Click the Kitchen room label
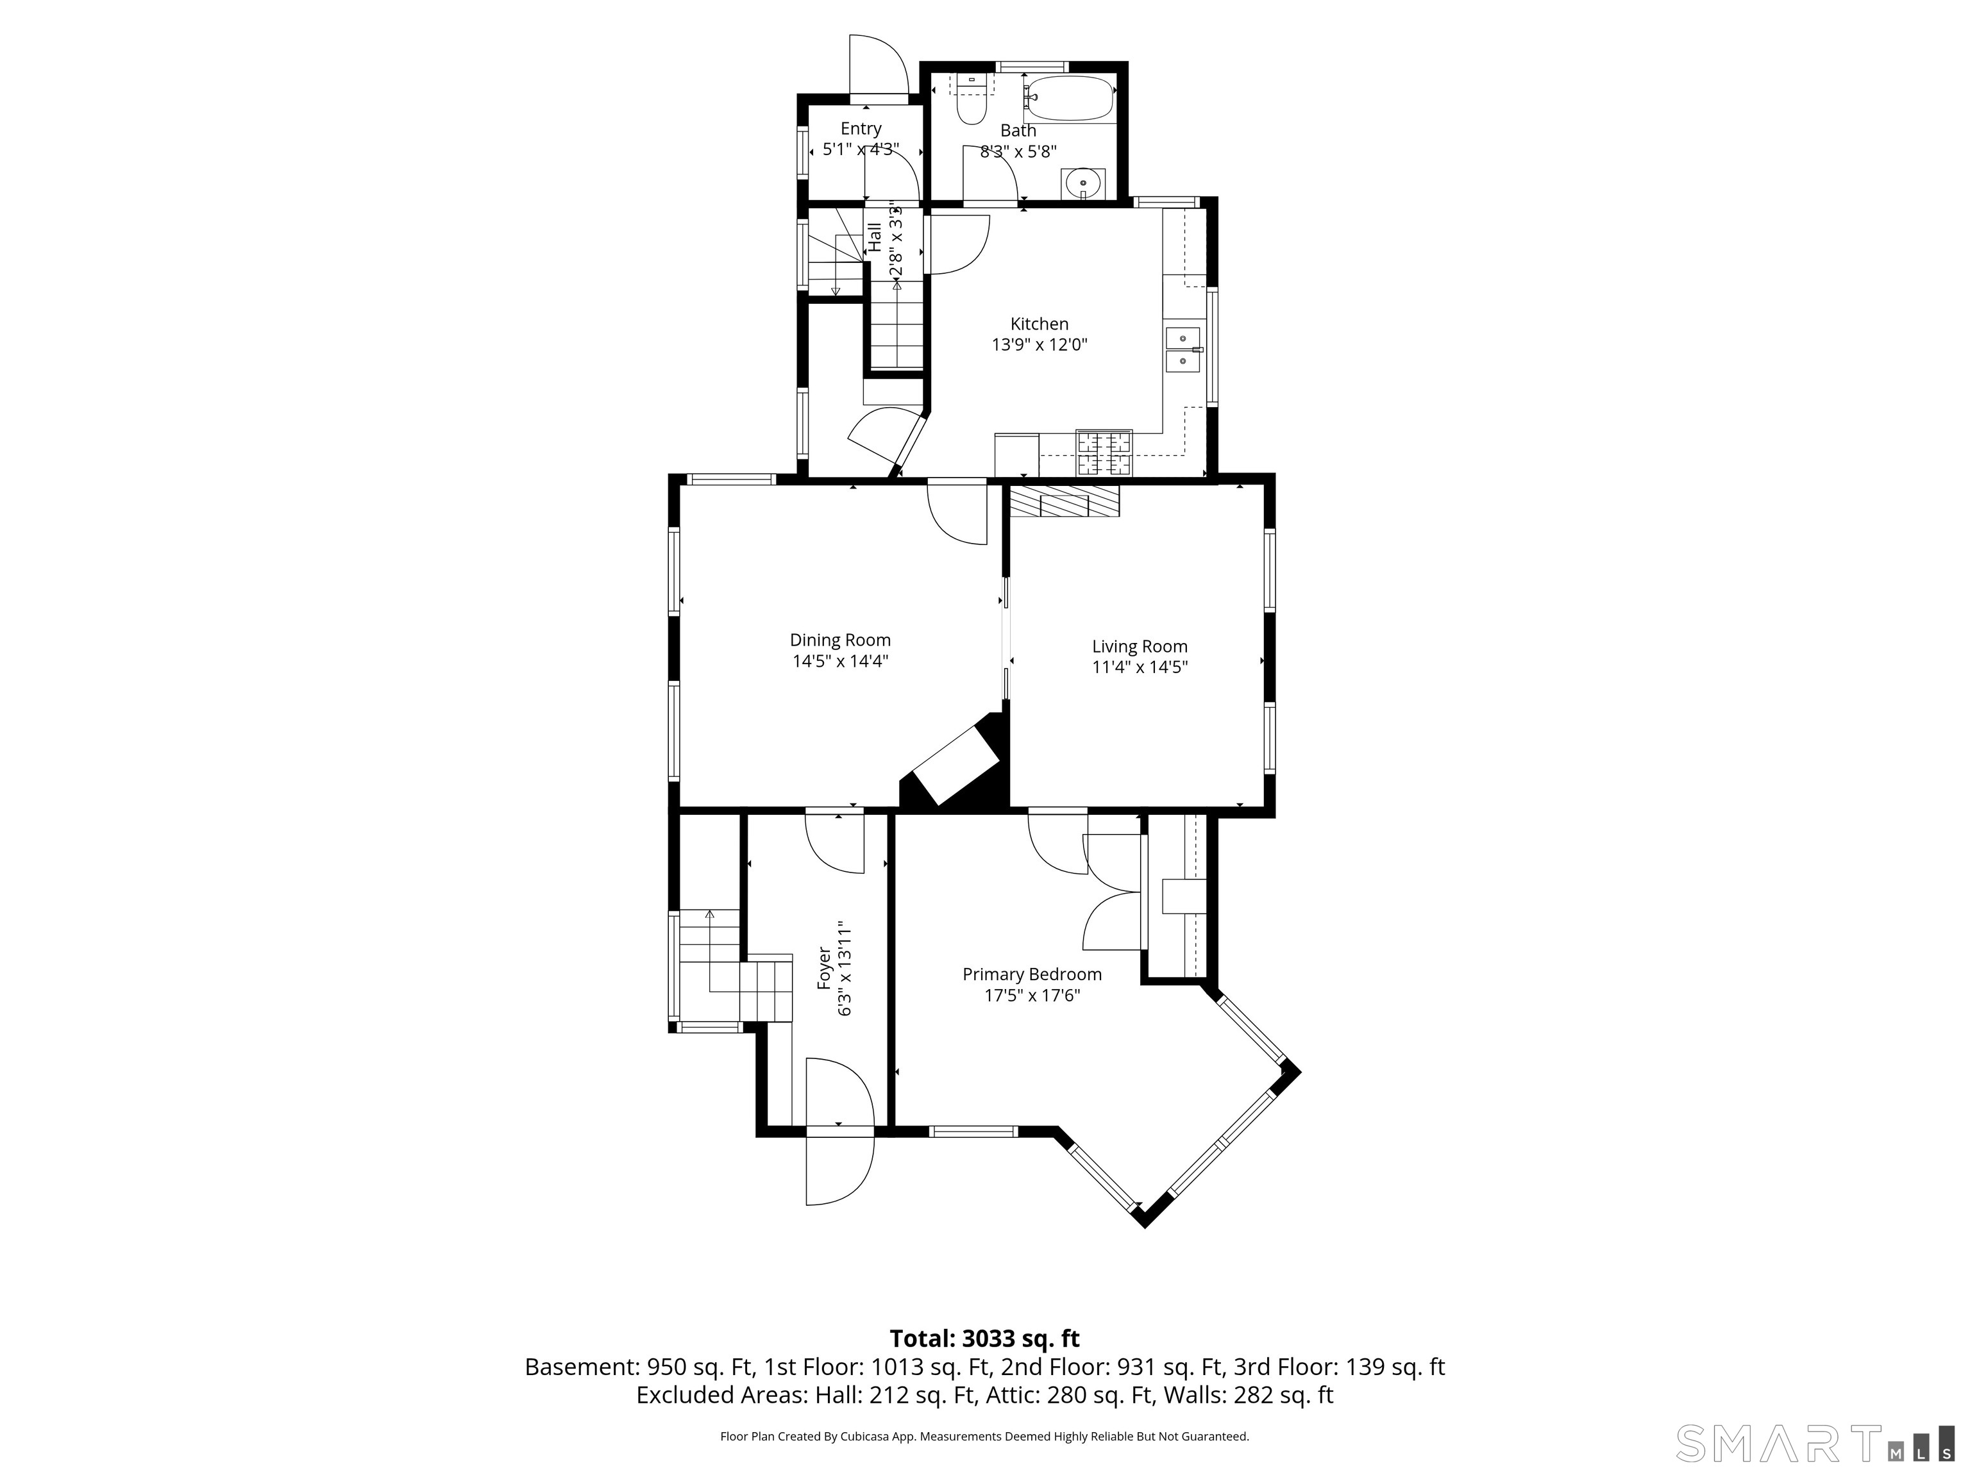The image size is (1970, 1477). coord(1040,324)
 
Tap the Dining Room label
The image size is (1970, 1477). coord(840,640)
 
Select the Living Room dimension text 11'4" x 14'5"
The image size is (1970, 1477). coord(1140,667)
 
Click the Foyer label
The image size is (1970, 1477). coord(825,969)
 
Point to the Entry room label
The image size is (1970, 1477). coord(861,129)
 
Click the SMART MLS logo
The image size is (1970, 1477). coord(1816,1442)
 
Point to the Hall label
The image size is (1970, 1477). coord(875,237)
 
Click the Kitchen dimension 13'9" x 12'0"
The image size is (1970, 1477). coord(1040,344)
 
